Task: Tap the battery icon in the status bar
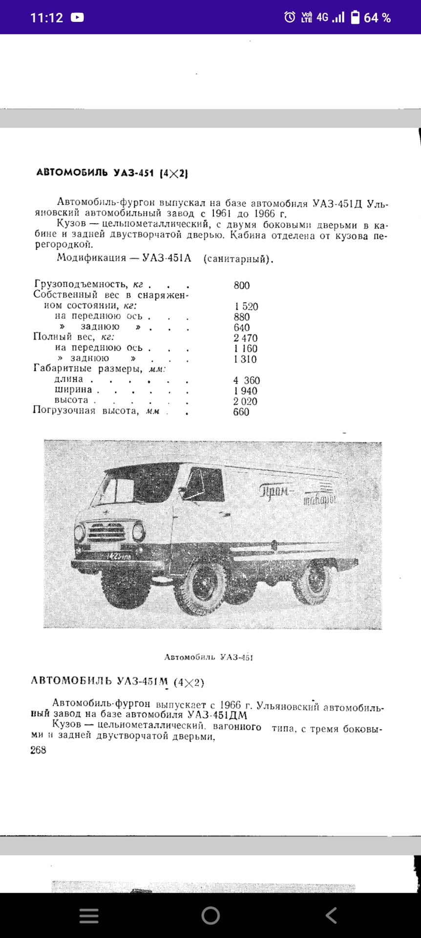pyautogui.click(x=355, y=18)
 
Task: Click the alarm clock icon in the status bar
pyautogui.click(x=290, y=18)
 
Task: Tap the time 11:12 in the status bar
pyautogui.click(x=46, y=18)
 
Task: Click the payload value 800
pyautogui.click(x=241, y=286)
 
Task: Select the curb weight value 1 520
pyautogui.click(x=246, y=307)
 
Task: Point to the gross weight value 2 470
pyautogui.click(x=245, y=338)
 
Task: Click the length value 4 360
pyautogui.click(x=246, y=381)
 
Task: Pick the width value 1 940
pyautogui.click(x=245, y=391)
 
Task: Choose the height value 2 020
pyautogui.click(x=245, y=402)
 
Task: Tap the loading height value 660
pyautogui.click(x=241, y=412)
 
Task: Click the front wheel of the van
pyautogui.click(x=202, y=586)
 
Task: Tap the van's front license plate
pyautogui.click(x=118, y=556)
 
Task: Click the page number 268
pyautogui.click(x=38, y=750)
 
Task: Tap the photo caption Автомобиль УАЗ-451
pyautogui.click(x=209, y=658)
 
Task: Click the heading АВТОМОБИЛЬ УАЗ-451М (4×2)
pyautogui.click(x=117, y=682)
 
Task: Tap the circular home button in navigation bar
pyautogui.click(x=210, y=916)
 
